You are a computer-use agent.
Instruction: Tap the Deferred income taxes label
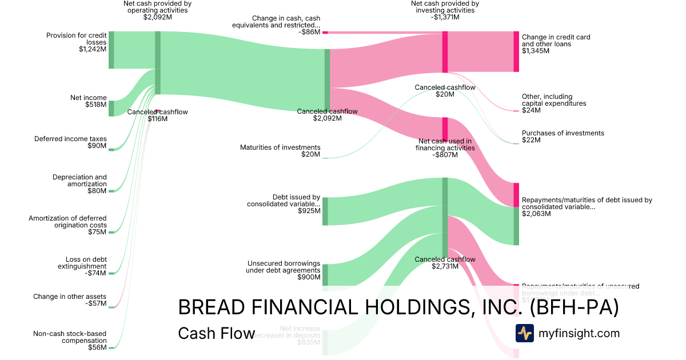pos(70,142)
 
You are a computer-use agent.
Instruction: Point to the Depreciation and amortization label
pos(79,184)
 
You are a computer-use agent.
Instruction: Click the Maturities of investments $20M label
pos(280,151)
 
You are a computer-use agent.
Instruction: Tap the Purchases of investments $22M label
pos(563,137)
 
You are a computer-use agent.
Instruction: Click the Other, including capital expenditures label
pos(553,103)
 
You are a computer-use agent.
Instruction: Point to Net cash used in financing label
pos(445,148)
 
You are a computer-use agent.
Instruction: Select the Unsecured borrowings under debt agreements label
pos(282,270)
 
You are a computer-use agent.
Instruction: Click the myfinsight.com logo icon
pos(524,333)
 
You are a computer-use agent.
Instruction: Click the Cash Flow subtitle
pos(216,333)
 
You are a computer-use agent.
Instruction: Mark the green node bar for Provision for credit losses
pos(111,50)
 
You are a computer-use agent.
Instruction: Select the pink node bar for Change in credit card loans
pos(516,51)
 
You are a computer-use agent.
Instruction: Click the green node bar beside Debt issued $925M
pos(325,211)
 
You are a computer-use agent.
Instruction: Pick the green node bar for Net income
pos(111,108)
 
